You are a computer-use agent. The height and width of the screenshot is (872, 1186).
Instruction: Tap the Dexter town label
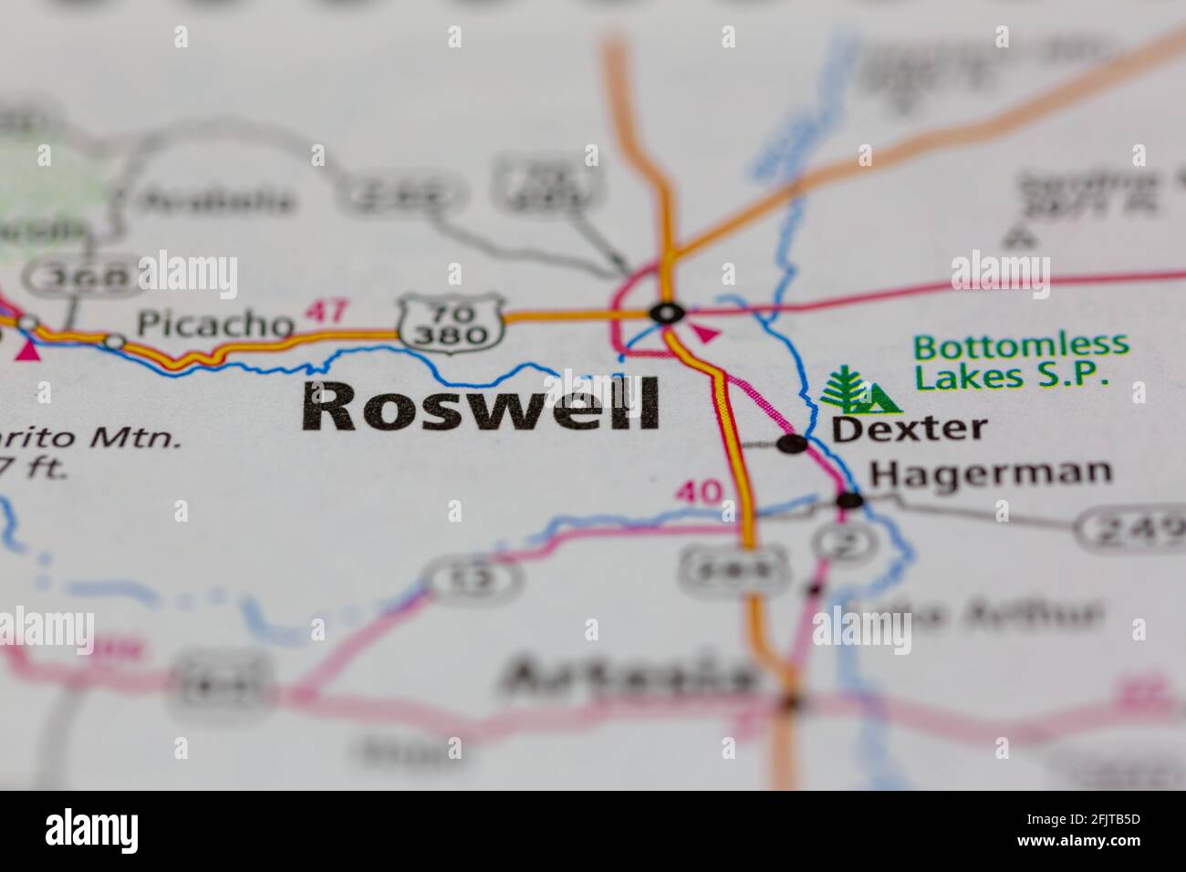[910, 428]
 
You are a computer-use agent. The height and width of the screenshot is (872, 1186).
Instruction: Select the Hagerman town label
[991, 472]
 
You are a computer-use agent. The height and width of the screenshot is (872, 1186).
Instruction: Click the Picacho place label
[215, 323]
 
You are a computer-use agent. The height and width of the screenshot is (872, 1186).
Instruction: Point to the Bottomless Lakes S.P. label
[1021, 360]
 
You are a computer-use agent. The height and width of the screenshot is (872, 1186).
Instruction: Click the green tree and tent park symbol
[858, 392]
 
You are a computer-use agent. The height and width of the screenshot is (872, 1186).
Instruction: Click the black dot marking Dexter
[792, 444]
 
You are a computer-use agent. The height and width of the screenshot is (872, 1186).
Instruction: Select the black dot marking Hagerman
[849, 500]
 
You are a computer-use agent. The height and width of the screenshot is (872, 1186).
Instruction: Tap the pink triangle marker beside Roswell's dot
[703, 334]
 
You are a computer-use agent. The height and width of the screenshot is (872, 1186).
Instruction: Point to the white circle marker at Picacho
[115, 342]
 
